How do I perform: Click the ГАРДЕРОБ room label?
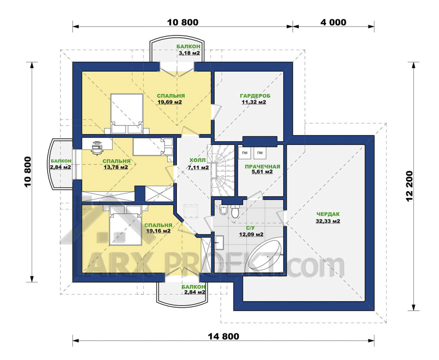coord(255,96)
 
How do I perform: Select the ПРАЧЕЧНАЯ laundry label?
coord(262,167)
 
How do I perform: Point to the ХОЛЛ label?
coord(197,160)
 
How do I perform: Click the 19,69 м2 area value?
coord(170,102)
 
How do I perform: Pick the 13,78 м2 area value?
coord(116,168)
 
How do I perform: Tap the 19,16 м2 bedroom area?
coord(158,231)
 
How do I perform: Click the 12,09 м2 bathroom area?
coord(251,234)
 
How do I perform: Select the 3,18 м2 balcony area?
coord(189,53)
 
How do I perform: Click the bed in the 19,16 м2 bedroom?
coord(125,225)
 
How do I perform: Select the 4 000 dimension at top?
coord(333,22)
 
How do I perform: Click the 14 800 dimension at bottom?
coord(224,336)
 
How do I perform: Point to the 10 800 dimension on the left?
coord(28,172)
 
